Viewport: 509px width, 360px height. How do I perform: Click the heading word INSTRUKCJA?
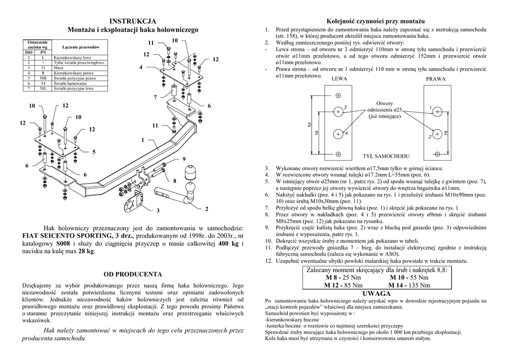pos(133,21)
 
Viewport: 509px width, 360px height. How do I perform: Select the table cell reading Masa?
pos(59,68)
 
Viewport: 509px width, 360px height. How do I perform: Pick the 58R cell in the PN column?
pos(43,78)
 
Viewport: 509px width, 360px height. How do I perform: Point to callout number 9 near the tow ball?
pos(183,159)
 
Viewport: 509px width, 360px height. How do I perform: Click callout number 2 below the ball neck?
pos(206,208)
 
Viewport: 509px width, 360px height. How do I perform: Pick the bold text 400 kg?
pos(228,244)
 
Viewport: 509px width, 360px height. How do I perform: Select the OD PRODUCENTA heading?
pos(132,274)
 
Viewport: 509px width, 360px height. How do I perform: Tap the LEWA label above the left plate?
pos(339,79)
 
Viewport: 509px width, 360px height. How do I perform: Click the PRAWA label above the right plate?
pos(436,79)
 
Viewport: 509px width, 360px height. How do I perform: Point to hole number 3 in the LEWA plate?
pos(338,111)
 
